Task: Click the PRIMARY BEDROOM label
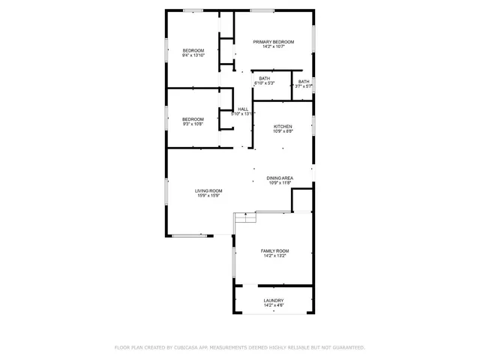273,41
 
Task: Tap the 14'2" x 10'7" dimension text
273,46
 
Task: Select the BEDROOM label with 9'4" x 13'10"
193,50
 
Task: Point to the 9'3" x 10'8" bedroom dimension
193,124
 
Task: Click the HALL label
243,109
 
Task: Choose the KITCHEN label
283,126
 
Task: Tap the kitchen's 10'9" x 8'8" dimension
283,131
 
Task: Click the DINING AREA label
280,178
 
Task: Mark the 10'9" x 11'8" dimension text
280,183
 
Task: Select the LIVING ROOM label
209,190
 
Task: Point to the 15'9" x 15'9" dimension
209,196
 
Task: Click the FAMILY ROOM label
274,250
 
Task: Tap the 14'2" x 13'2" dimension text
274,256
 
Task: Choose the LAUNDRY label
273,300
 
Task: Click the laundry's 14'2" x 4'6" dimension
273,305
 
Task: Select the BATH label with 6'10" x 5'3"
265,78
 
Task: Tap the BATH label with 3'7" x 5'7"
304,81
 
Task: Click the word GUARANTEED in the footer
347,348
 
